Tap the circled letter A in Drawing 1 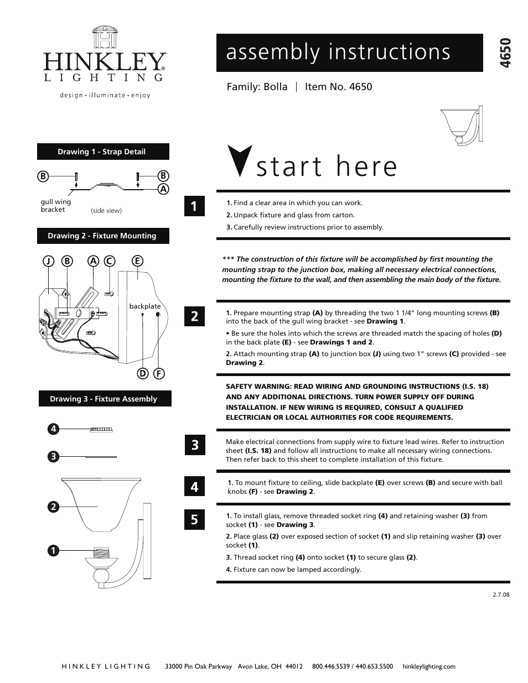163,189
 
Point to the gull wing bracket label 55,206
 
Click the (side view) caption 106,211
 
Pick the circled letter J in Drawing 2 49,260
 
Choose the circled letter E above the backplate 137,260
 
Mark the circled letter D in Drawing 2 143,373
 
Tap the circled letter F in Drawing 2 158,373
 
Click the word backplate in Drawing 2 144,306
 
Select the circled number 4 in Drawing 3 53,429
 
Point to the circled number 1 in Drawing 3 53,550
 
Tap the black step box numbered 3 194,445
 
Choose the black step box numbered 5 194,519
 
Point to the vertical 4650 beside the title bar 504,53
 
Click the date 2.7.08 500,595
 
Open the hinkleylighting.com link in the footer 429,666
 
